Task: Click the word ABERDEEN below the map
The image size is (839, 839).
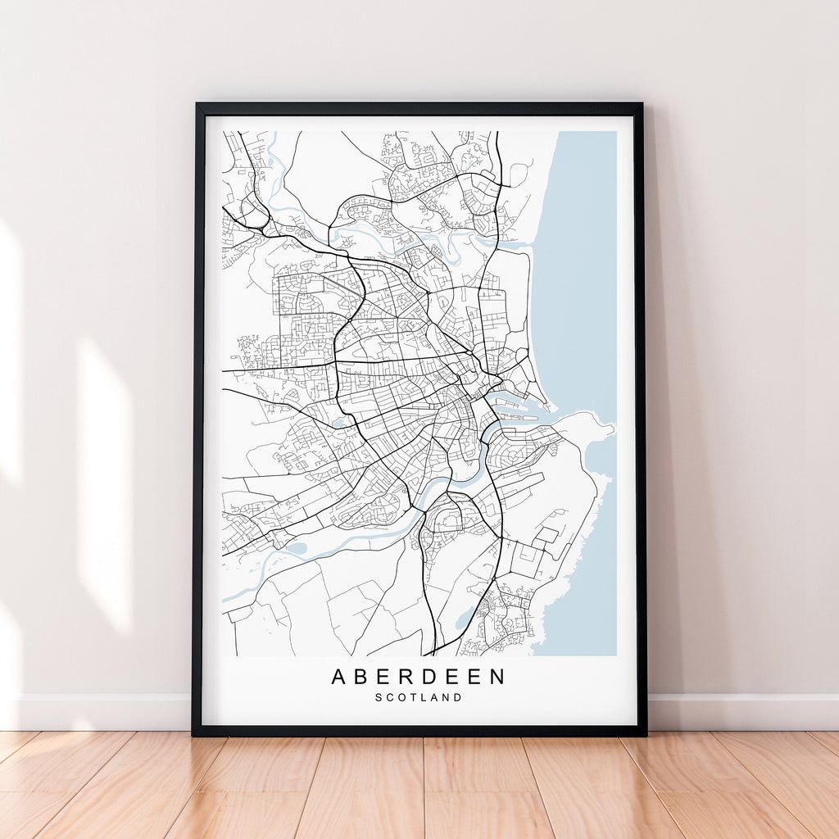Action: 419,677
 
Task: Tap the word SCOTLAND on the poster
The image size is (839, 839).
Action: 419,698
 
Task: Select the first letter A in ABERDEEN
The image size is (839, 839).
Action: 339,677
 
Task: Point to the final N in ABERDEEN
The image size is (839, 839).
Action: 497,677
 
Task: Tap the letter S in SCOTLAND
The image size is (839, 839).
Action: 379,698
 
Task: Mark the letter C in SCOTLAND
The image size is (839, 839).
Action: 390,698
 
